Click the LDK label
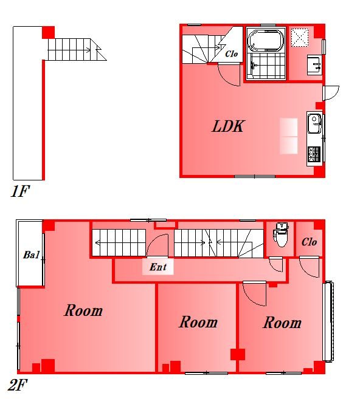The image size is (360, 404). [227, 126]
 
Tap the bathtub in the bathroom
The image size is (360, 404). [266, 41]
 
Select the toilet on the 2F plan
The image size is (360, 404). [281, 235]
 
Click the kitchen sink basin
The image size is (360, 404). [314, 124]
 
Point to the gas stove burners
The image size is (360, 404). [314, 154]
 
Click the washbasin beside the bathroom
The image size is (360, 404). [314, 65]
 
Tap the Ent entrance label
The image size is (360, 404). [158, 267]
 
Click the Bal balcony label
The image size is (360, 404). [31, 255]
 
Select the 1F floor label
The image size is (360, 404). [20, 191]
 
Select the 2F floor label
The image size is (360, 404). [18, 385]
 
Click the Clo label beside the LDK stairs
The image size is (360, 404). [231, 54]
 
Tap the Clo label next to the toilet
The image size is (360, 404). [309, 242]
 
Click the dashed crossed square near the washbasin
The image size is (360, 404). [300, 38]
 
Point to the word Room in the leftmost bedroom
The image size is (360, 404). [83, 310]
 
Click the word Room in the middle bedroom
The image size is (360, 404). [198, 322]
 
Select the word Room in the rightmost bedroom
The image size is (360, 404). [282, 323]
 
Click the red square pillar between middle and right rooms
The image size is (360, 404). [238, 355]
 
